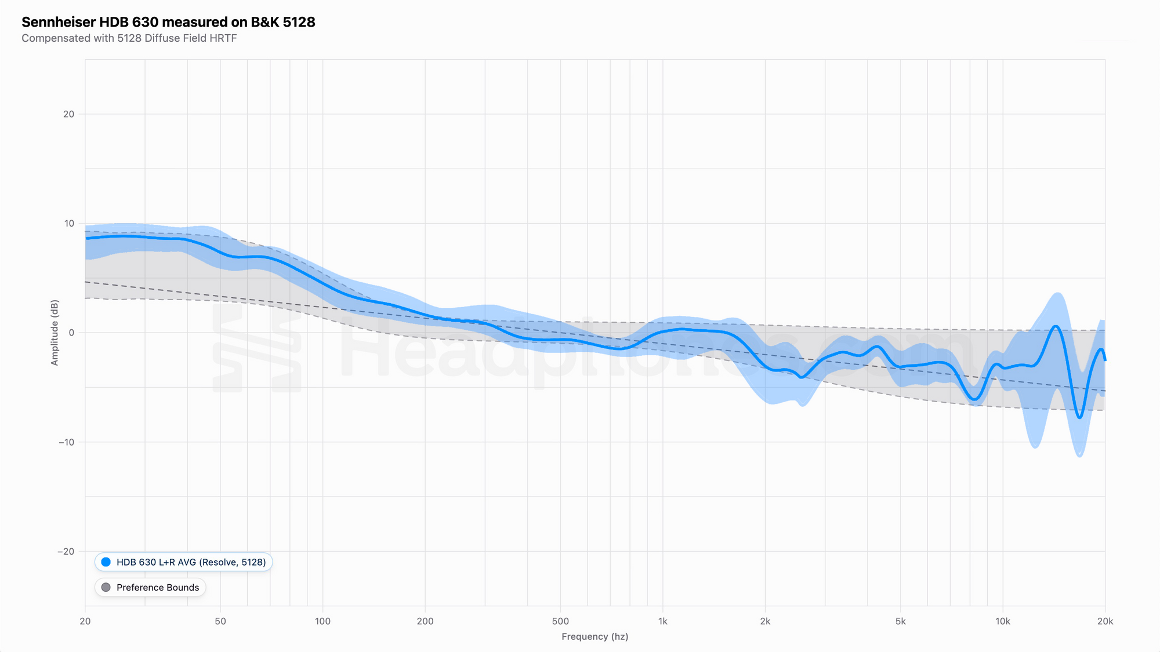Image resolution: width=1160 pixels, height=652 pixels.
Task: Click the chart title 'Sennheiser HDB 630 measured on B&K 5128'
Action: click(x=168, y=22)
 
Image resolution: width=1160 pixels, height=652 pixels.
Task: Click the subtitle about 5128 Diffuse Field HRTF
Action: click(x=129, y=38)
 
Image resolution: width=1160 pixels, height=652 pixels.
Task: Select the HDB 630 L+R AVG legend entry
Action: click(x=183, y=562)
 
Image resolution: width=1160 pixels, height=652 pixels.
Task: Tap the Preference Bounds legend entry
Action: click(x=150, y=587)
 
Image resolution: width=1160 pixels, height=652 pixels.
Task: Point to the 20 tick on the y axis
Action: click(x=69, y=114)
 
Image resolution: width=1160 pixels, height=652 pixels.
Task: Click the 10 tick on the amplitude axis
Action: click(x=69, y=224)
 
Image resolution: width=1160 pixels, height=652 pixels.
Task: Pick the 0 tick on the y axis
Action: click(x=71, y=333)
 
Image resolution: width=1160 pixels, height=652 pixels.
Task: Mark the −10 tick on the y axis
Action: click(x=66, y=442)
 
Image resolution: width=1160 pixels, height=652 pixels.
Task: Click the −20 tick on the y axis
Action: click(x=66, y=551)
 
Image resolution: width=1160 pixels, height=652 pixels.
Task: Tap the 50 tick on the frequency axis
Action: click(x=220, y=621)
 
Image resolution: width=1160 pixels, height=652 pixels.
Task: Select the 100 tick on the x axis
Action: click(x=322, y=621)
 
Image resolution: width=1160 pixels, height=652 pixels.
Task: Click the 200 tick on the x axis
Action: click(x=425, y=621)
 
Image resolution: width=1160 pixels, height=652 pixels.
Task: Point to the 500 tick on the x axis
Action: click(x=560, y=621)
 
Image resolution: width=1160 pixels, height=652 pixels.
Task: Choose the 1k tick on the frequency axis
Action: click(x=662, y=621)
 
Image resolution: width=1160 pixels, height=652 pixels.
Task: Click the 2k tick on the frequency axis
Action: click(x=765, y=621)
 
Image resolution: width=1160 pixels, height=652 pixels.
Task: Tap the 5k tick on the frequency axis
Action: click(x=900, y=621)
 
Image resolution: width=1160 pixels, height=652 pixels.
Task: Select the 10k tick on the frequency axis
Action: click(x=1003, y=621)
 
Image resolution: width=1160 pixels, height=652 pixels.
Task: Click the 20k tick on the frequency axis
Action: click(x=1105, y=621)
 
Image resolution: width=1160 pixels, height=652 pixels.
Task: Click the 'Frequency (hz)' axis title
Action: click(x=594, y=636)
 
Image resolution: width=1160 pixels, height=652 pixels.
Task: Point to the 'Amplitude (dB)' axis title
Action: click(x=55, y=333)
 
